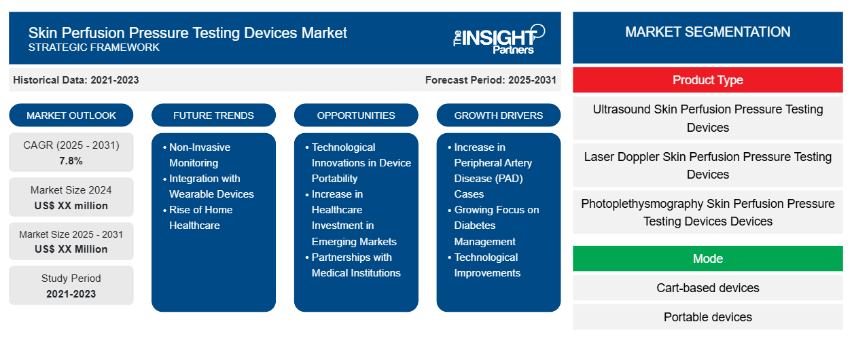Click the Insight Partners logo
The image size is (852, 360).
499,39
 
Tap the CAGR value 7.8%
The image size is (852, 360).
71,161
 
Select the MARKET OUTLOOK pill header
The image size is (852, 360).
71,115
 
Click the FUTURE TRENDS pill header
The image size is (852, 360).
213,115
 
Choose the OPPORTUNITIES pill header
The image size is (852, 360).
356,115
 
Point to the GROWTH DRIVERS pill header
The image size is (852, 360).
498,115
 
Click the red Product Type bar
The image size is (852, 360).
707,80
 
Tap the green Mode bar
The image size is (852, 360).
707,259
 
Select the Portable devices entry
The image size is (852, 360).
707,317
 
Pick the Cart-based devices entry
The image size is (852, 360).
707,288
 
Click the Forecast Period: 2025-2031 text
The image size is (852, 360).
491,80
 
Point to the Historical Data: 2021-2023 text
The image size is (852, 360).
76,80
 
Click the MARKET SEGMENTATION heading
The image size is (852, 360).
707,32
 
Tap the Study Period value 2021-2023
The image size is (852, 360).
71,294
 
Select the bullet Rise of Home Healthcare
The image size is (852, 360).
198,217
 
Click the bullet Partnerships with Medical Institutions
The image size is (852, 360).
353,265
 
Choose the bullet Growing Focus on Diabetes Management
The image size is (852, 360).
494,226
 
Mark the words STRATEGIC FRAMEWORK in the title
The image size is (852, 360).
94,48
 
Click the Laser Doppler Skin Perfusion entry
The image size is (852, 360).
707,165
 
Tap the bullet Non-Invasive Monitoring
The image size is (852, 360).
196,155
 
